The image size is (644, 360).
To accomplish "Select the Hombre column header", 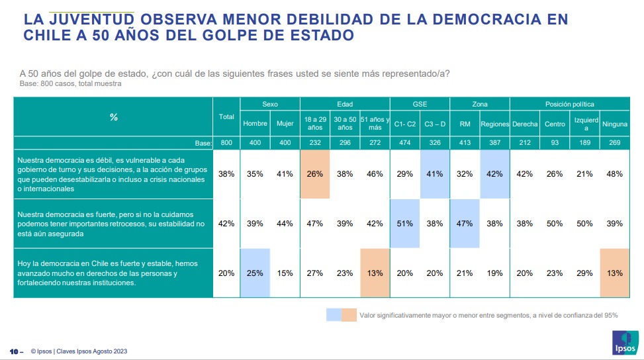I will coord(255,124).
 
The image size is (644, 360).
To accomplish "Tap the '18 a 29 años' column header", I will coord(314,124).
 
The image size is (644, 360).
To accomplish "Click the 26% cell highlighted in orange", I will coord(314,174).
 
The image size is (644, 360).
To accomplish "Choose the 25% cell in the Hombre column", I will coord(255,273).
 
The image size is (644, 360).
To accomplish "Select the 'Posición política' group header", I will coord(569,104).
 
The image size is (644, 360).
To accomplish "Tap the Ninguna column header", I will coord(615,124).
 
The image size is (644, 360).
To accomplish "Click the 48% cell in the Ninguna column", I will coord(615,174).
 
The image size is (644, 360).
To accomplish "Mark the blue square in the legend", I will coord(334,315).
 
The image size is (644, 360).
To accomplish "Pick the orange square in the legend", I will coord(349,315).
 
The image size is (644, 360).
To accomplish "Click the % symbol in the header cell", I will coord(113,117).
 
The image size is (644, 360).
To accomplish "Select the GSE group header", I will coord(419,104).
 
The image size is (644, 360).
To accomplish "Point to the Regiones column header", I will coord(494,124).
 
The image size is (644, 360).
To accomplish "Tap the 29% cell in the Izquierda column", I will coord(585,273).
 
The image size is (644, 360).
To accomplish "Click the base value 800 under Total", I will coord(226,143).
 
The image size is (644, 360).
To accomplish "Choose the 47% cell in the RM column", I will coord(464,224).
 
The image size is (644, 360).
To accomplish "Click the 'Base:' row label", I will coord(203,143).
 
